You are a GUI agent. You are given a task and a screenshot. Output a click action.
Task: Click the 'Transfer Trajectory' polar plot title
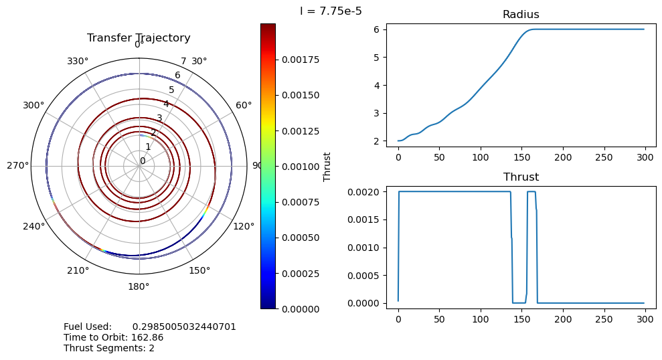pyautogui.click(x=139, y=38)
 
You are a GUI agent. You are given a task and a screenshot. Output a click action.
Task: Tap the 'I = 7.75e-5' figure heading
pyautogui.click(x=331, y=11)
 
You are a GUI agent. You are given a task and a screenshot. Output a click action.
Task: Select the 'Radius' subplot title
pyautogui.click(x=520, y=15)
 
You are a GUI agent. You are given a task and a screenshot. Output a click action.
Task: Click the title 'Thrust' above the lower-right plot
pyautogui.click(x=520, y=177)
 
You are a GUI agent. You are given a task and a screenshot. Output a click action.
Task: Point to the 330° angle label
pyautogui.click(x=78, y=62)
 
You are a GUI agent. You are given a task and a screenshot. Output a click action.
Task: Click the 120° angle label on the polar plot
pyautogui.click(x=244, y=226)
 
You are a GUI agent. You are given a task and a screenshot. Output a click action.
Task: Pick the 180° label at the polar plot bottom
pyautogui.click(x=139, y=286)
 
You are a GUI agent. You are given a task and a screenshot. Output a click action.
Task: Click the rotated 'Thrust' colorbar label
pyautogui.click(x=327, y=166)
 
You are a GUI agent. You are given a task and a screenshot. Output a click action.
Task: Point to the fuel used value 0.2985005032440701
pyautogui.click(x=184, y=327)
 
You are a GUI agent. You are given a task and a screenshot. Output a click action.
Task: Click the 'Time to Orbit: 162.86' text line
pyautogui.click(x=114, y=337)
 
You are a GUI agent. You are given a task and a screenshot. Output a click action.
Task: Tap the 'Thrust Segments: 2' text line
pyautogui.click(x=109, y=348)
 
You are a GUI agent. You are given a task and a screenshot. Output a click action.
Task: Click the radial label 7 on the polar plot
pyautogui.click(x=183, y=62)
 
